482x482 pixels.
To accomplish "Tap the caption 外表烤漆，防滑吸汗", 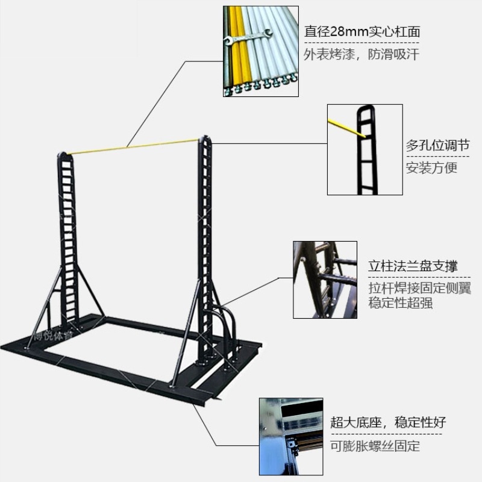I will pyautogui.click(x=361, y=54).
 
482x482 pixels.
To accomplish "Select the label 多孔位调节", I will pyautogui.click(x=437, y=145).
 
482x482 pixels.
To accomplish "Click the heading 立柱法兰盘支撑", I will pyautogui.click(x=413, y=266).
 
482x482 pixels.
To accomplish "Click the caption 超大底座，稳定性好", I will pyautogui.click(x=388, y=422).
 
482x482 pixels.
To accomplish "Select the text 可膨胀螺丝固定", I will pyautogui.click(x=375, y=446).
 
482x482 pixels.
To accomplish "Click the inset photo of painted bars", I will pyautogui.click(x=260, y=51).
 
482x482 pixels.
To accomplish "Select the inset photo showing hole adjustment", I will pyautogui.click(x=365, y=149).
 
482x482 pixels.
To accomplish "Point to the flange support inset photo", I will pyautogui.click(x=325, y=280).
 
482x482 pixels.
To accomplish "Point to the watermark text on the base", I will pyautogui.click(x=53, y=337).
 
